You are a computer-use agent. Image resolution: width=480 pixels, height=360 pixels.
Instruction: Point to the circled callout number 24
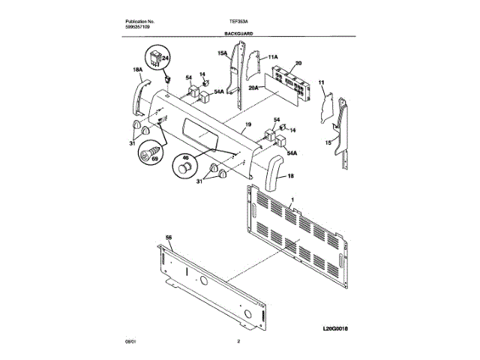coord(166,58)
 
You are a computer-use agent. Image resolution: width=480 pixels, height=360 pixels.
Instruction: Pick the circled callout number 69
coord(156,150)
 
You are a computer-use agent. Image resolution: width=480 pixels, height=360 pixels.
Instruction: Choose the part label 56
coord(169,237)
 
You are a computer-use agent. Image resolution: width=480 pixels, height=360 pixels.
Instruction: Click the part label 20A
coord(253,88)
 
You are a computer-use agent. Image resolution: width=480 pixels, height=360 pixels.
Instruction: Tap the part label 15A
coord(223,53)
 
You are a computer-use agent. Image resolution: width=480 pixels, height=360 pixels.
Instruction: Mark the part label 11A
coord(272,57)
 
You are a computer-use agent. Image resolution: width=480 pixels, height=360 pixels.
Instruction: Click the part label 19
coord(247,124)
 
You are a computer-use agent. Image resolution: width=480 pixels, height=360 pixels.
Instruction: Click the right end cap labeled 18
coord(272,172)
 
